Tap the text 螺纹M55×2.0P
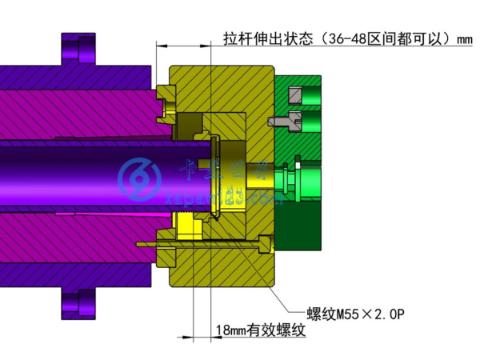point(355,313)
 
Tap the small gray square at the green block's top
point(295,97)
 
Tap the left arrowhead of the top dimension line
point(161,44)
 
